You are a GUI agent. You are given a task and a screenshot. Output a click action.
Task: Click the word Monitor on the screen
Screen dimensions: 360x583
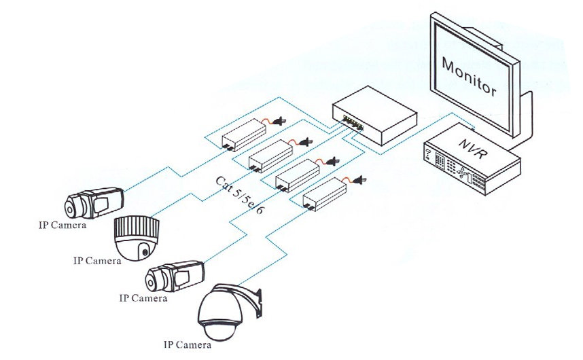click(469, 77)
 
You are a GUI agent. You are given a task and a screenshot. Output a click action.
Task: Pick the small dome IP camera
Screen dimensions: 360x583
click(136, 238)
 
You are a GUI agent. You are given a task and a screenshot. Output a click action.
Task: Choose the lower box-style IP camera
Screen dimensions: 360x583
click(175, 275)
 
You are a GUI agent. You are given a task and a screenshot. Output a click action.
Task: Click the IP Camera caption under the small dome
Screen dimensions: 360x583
click(96, 260)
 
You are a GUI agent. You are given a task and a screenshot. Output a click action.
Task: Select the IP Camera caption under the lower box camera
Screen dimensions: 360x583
click(143, 298)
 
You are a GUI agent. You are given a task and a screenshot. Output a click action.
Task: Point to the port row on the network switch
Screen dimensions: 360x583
click(355, 122)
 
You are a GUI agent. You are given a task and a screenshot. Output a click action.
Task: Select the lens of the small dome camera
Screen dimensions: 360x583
click(145, 253)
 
